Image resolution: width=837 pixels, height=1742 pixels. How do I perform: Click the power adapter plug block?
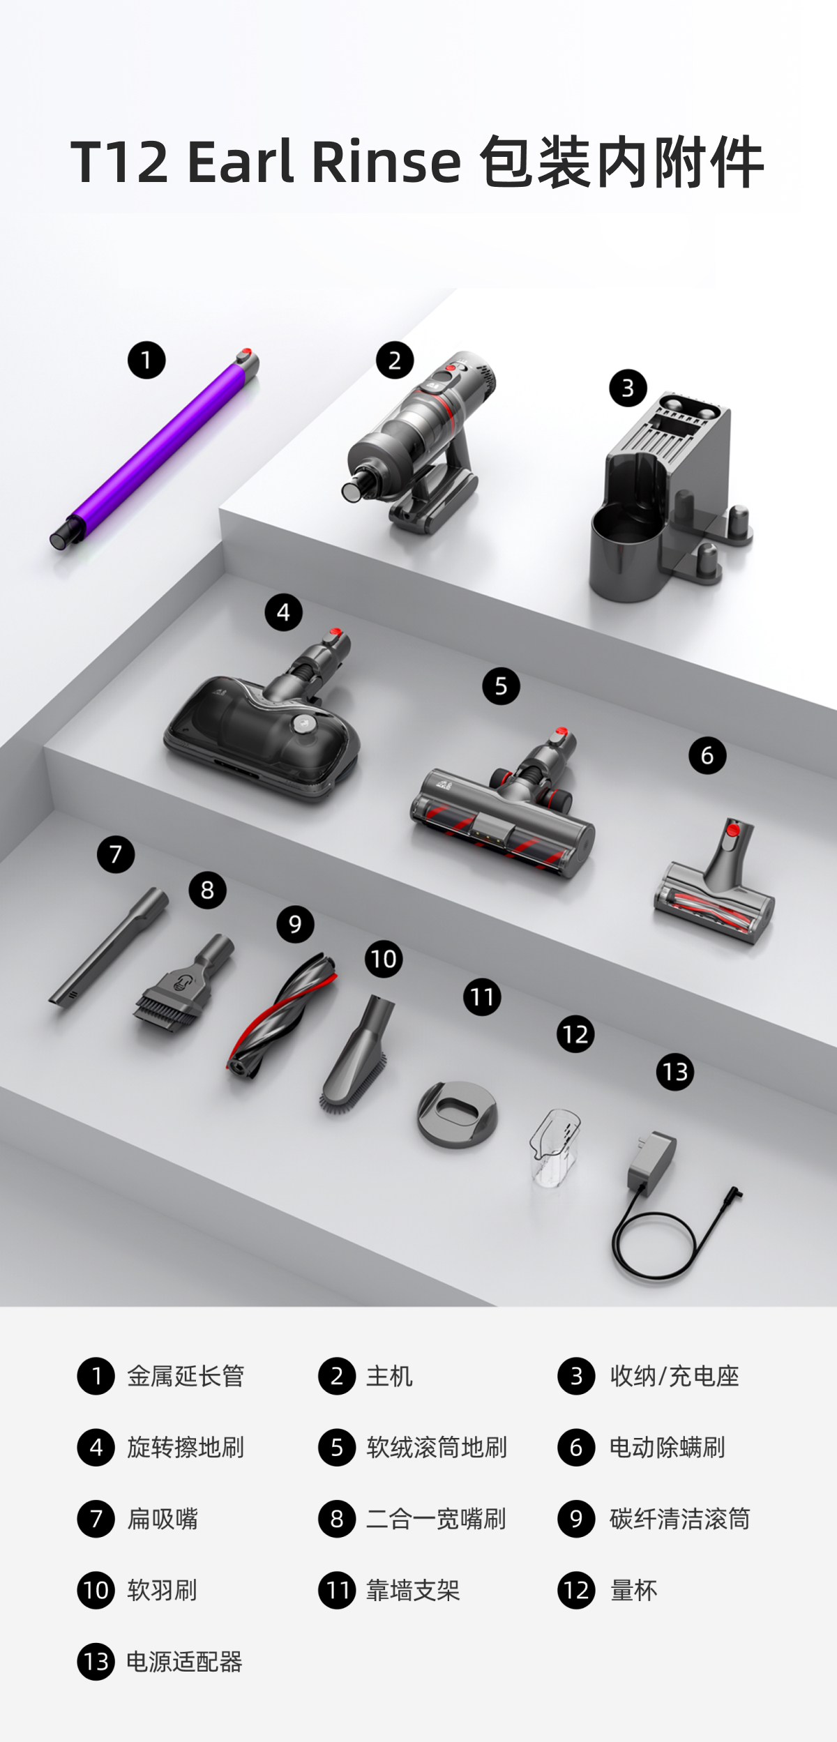[x=651, y=1161]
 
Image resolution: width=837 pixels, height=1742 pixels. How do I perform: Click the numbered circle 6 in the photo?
[x=707, y=755]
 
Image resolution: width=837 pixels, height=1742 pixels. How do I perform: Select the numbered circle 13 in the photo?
[x=675, y=1071]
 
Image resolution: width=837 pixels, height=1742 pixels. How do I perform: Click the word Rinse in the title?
[x=386, y=162]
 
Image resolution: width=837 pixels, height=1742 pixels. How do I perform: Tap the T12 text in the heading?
[x=119, y=162]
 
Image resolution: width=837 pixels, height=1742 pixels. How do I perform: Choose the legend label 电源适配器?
[x=184, y=1661]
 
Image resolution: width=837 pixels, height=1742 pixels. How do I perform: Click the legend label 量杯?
[x=633, y=1590]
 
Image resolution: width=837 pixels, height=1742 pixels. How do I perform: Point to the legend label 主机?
[x=389, y=1376]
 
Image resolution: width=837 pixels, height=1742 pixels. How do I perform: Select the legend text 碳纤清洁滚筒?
[x=679, y=1518]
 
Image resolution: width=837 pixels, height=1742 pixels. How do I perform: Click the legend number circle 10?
[x=96, y=1590]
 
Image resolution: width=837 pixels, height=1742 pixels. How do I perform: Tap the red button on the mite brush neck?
[x=732, y=830]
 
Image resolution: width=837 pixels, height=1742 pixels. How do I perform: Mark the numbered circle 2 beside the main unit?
[x=395, y=361]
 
